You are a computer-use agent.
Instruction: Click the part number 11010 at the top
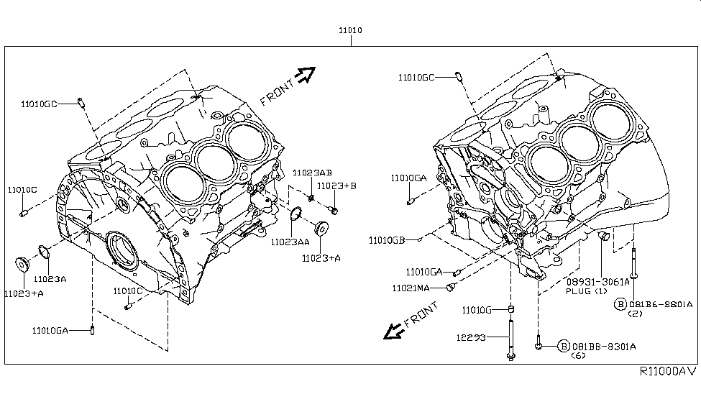[x=351, y=32]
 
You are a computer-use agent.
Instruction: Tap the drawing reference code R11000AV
[x=667, y=372]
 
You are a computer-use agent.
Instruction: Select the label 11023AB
[x=312, y=173]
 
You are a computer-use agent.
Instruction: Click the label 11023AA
[x=290, y=243]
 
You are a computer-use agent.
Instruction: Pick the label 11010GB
[x=388, y=240]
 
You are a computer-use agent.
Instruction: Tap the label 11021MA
[x=411, y=288]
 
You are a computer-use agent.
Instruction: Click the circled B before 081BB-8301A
[x=563, y=346]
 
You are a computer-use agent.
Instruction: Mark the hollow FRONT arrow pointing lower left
[x=394, y=330]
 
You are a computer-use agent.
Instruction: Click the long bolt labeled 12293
[x=511, y=337]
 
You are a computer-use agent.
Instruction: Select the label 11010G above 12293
[x=477, y=310]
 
